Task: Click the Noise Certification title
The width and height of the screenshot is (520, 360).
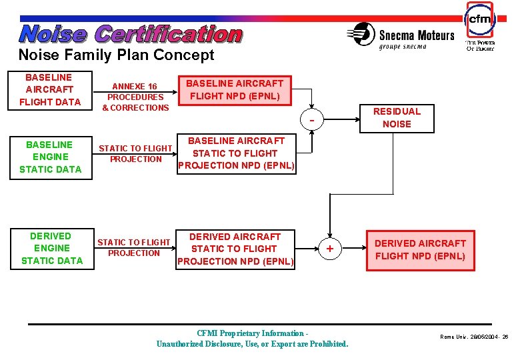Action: pyautogui.click(x=131, y=33)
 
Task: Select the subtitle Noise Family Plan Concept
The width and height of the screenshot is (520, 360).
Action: pyautogui.click(x=116, y=55)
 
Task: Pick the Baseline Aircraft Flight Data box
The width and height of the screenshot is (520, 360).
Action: pyautogui.click(x=49, y=89)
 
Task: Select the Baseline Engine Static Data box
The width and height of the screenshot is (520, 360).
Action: pyautogui.click(x=50, y=157)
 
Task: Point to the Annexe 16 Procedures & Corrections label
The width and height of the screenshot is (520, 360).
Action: pyautogui.click(x=135, y=97)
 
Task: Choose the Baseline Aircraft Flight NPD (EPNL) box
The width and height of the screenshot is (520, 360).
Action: pyautogui.click(x=234, y=90)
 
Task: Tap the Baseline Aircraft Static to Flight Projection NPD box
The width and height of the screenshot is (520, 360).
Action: pyautogui.click(x=236, y=153)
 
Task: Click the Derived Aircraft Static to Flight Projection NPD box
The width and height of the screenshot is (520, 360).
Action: pyautogui.click(x=235, y=249)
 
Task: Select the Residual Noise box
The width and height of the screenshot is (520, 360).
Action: pyautogui.click(x=397, y=117)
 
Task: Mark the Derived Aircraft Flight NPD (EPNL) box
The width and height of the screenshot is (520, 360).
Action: pyautogui.click(x=420, y=249)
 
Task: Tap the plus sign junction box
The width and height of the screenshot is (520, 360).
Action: pyautogui.click(x=329, y=249)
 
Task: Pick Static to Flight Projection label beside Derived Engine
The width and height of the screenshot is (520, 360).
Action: pyautogui.click(x=134, y=247)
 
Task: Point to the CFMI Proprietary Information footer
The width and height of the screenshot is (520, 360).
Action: pyautogui.click(x=252, y=338)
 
